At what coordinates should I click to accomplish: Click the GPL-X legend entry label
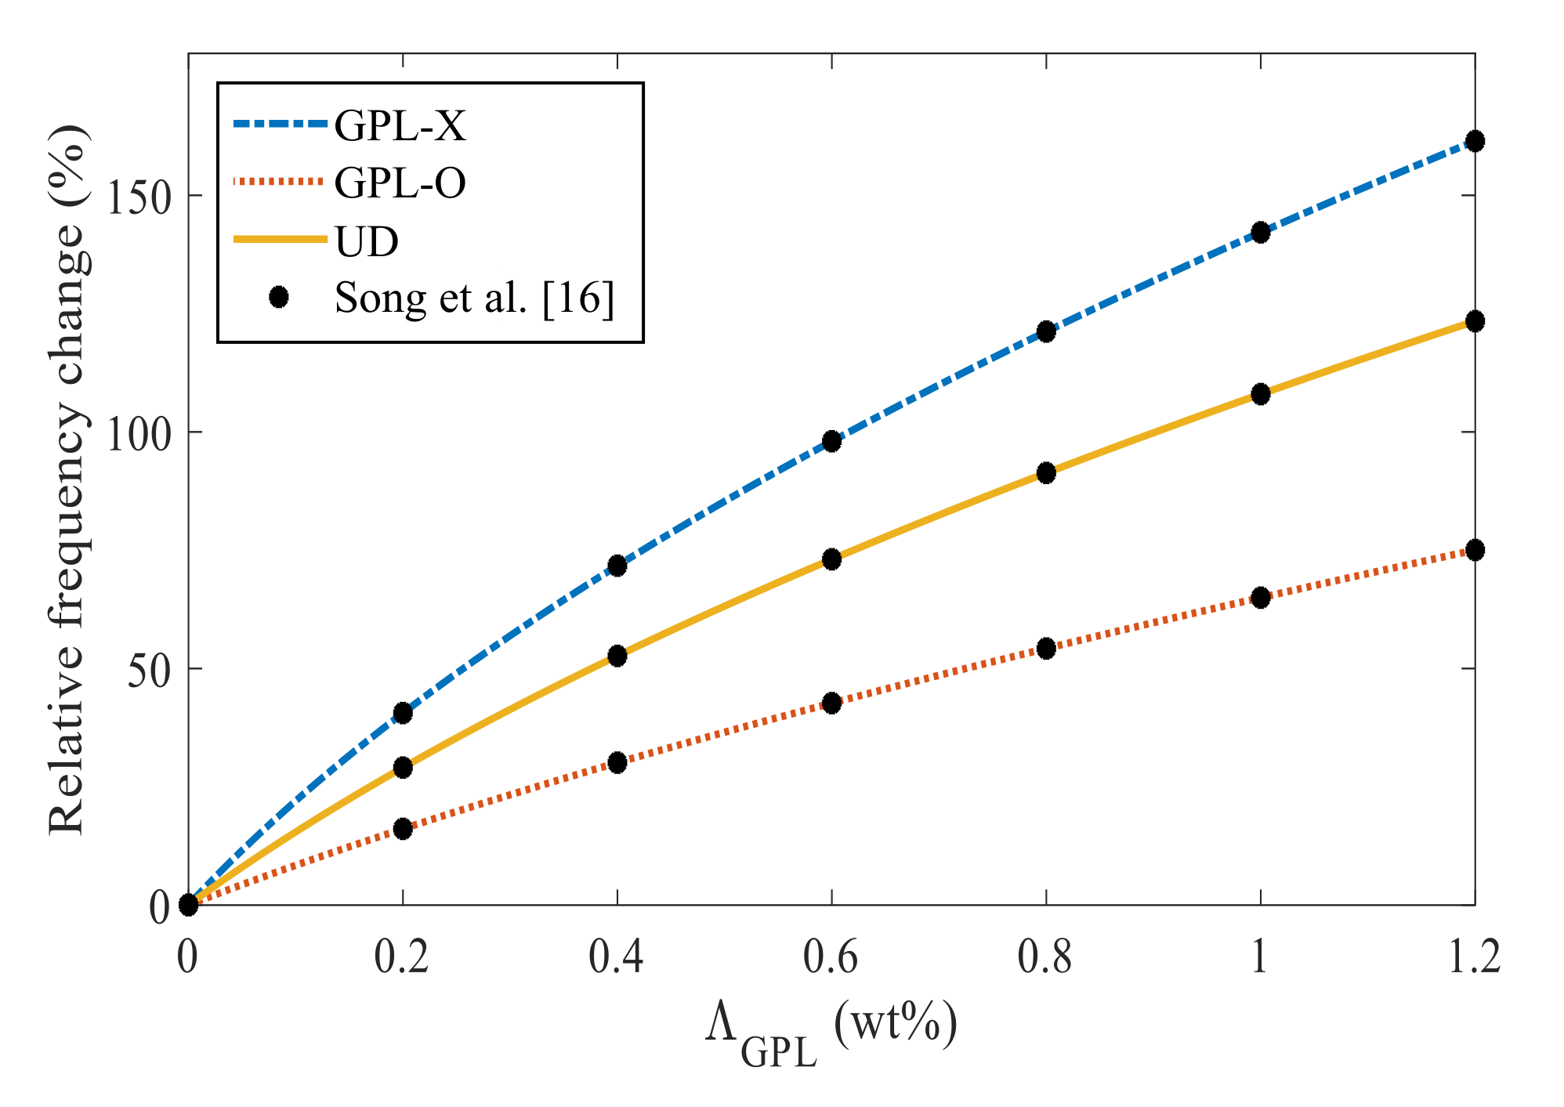(x=400, y=125)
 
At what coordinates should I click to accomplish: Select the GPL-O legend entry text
(x=400, y=183)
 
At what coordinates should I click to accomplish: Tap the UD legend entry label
(x=367, y=241)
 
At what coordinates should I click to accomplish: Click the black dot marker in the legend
(x=278, y=297)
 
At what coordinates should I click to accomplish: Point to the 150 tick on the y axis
(x=138, y=196)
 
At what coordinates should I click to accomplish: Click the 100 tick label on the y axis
(x=138, y=432)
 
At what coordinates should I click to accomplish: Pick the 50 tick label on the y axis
(x=149, y=670)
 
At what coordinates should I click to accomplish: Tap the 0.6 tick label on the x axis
(x=831, y=957)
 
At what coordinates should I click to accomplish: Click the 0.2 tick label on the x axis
(x=402, y=957)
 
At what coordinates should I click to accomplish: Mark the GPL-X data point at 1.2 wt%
(x=1475, y=142)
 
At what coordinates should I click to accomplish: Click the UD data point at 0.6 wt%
(x=831, y=559)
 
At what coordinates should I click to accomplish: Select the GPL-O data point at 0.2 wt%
(x=403, y=829)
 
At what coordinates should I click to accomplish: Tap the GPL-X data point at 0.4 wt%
(x=617, y=566)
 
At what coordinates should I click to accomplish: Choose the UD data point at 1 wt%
(x=1260, y=394)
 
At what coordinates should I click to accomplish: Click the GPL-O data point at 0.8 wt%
(x=1046, y=648)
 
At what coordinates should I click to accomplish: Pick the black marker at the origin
(x=188, y=905)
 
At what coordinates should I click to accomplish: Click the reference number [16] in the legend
(x=578, y=298)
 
